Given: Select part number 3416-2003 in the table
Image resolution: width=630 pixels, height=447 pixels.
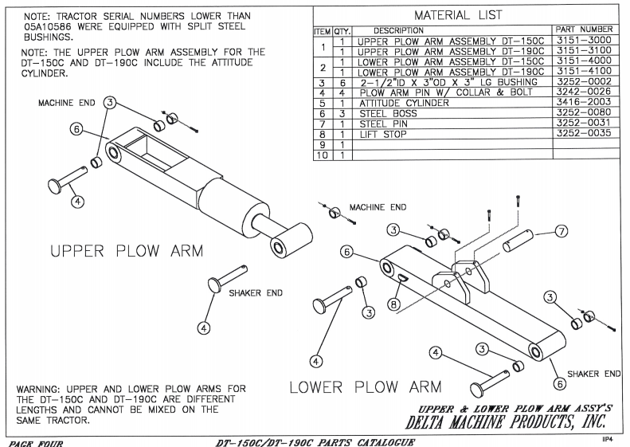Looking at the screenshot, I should pos(585,103).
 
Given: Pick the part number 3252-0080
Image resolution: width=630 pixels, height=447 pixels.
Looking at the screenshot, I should pos(585,113).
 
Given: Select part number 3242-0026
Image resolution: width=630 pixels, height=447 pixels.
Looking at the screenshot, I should pos(585,92).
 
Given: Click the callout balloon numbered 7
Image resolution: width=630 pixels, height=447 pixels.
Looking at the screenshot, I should pos(561,231).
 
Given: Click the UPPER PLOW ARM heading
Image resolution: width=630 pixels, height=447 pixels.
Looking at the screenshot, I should pos(127,251).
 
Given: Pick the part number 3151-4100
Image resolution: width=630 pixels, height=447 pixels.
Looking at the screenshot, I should pos(585,72).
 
